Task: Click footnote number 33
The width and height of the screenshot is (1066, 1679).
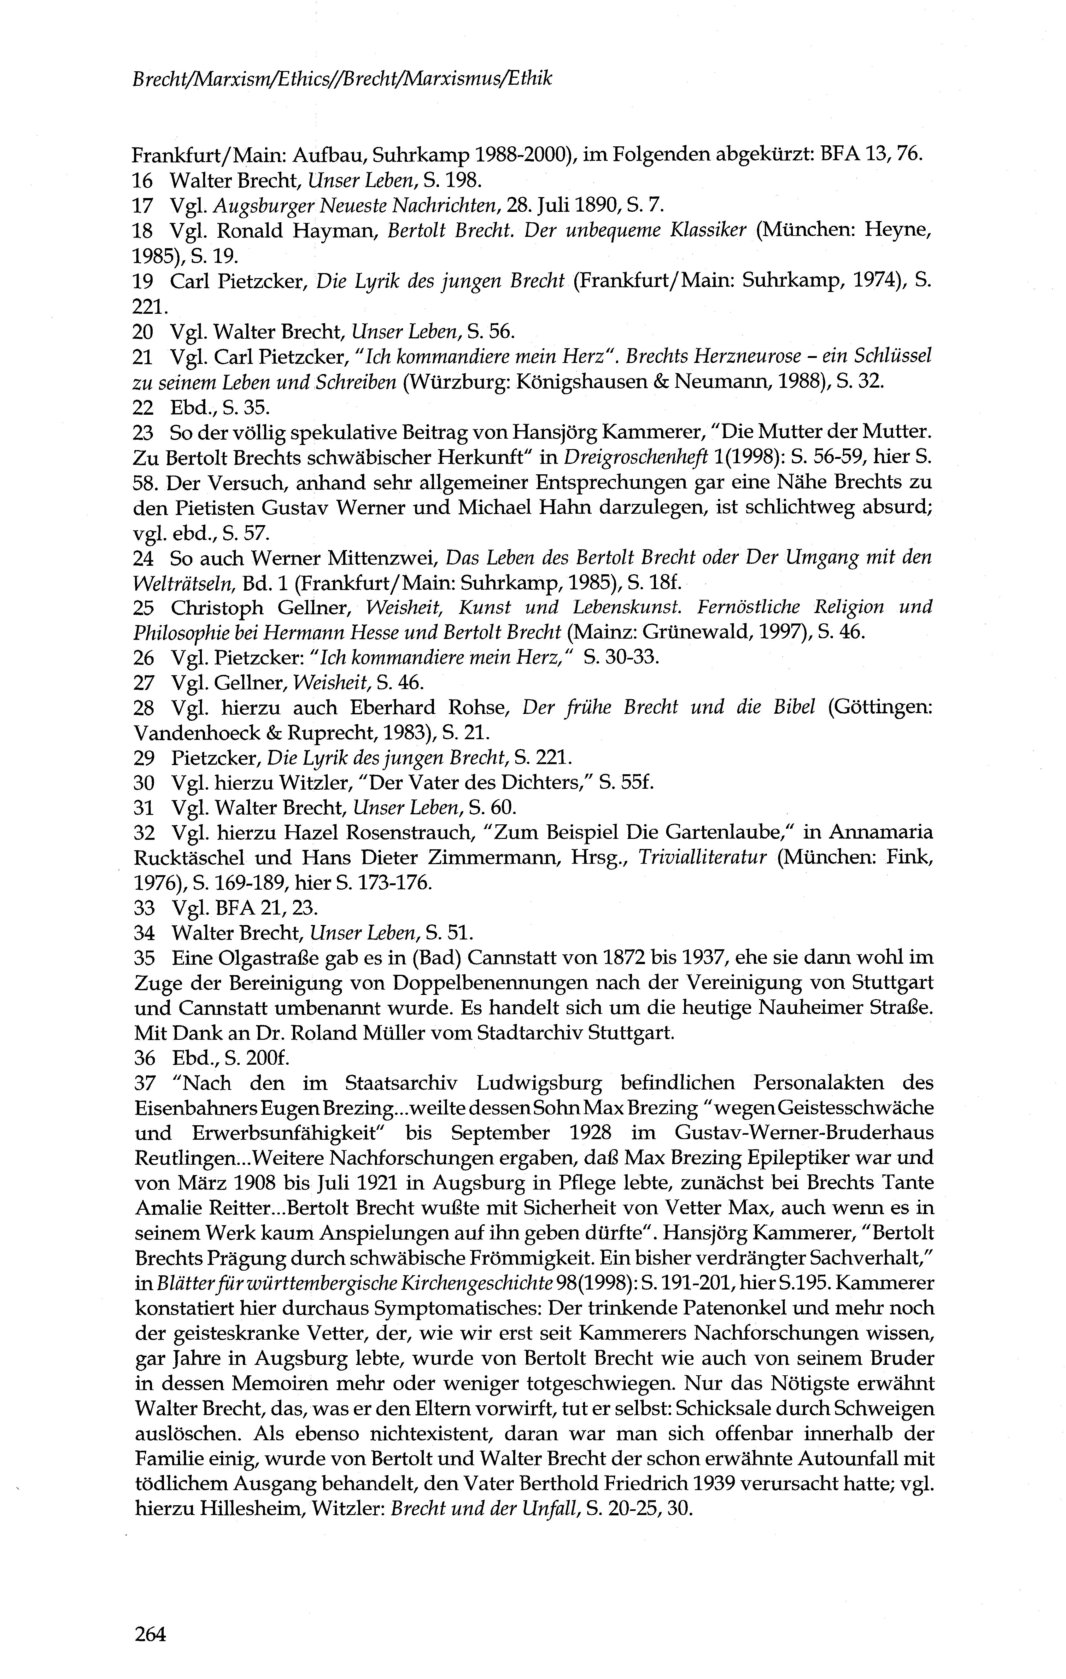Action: [x=143, y=908]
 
